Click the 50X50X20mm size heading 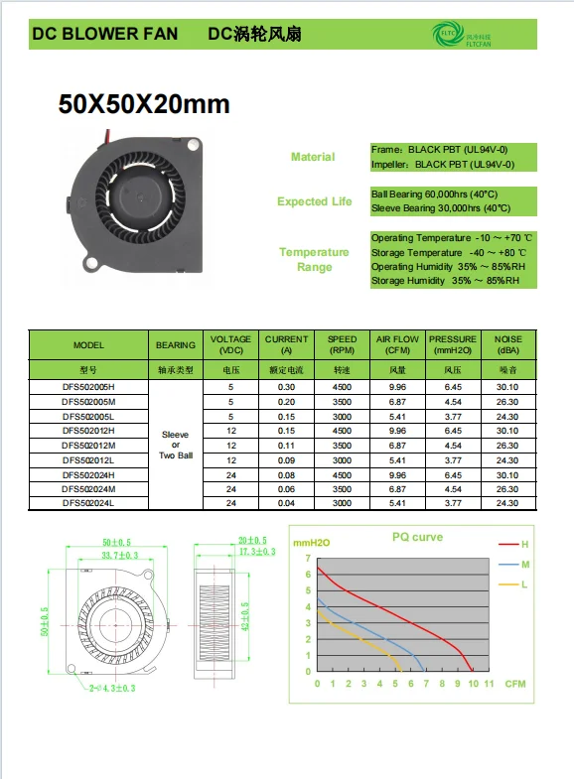144,104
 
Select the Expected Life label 314,201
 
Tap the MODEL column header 88,345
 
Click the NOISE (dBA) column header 507,344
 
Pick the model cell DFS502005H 88,386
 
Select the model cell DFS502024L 88,504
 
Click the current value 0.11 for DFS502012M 286,446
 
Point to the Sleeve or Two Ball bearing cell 175,446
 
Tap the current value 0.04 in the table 286,504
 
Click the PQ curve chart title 417,537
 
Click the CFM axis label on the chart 514,684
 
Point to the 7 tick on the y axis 308,558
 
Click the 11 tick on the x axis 488,684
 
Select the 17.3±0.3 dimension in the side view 256,551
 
